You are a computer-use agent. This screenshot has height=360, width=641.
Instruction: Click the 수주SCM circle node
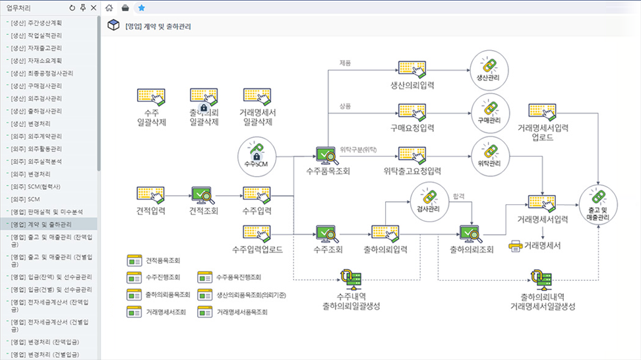coord(257,156)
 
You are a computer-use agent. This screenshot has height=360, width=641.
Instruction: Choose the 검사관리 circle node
coord(429,200)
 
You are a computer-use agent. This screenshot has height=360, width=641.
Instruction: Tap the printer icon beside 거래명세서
coord(515,246)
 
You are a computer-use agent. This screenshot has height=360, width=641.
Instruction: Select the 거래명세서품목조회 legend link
coord(241,311)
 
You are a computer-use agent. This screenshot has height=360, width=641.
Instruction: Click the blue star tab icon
coord(141,8)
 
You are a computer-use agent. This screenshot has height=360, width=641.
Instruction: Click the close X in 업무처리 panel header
coord(94,8)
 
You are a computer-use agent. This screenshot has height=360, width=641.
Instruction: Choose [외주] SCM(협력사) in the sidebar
coord(40,187)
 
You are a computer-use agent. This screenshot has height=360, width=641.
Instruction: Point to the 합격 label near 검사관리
coord(460,196)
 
